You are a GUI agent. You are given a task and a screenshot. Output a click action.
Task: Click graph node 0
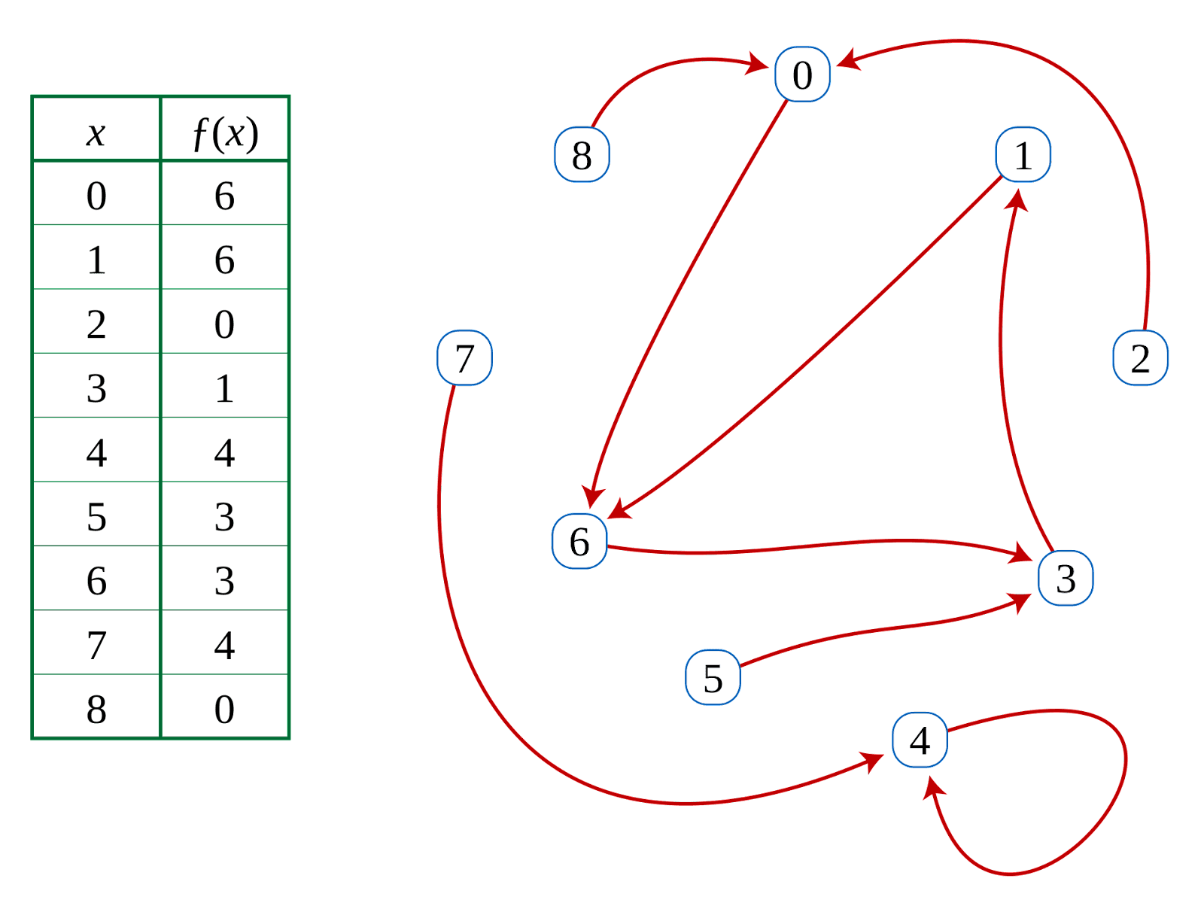click(802, 74)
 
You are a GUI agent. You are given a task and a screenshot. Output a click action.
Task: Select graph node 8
click(581, 155)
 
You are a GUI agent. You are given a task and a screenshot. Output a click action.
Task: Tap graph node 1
click(1023, 155)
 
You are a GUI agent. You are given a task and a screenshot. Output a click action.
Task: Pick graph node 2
click(1140, 358)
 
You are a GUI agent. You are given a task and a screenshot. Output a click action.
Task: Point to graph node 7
click(464, 358)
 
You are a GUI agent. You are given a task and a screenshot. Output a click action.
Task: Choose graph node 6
click(579, 542)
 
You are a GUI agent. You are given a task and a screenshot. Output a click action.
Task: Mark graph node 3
click(1066, 579)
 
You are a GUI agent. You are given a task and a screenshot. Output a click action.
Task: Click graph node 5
click(713, 678)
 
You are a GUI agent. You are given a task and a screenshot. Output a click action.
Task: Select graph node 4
click(920, 740)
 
